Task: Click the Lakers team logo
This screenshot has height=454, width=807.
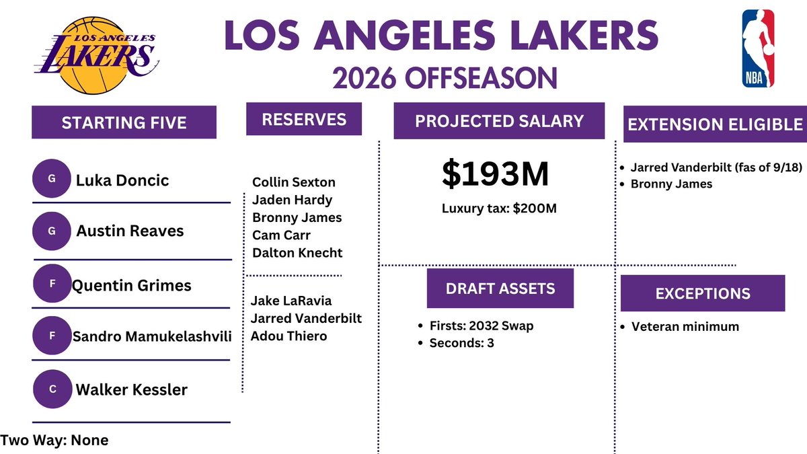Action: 98,55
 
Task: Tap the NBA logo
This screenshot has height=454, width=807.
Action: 758,48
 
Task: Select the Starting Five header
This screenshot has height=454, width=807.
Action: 124,122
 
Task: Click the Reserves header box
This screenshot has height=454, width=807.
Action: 304,119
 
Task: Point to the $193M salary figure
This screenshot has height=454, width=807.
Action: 496,174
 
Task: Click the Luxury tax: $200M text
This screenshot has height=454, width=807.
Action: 499,209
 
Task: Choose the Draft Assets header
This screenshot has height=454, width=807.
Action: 500,289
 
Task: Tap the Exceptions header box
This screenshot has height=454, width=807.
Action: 703,293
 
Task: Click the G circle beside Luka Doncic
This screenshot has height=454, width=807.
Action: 52,178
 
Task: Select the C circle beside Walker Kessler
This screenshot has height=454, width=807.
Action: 52,389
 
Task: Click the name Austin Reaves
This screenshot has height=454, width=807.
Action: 130,231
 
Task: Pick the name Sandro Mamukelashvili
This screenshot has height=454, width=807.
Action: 152,336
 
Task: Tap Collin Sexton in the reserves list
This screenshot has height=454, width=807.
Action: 294,182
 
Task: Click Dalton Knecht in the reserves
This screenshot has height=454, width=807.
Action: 297,253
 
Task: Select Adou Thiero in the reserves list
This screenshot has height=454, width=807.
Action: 289,336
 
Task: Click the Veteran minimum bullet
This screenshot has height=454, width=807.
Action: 680,326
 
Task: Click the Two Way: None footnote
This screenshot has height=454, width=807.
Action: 54,441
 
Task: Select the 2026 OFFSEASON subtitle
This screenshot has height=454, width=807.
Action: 445,77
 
